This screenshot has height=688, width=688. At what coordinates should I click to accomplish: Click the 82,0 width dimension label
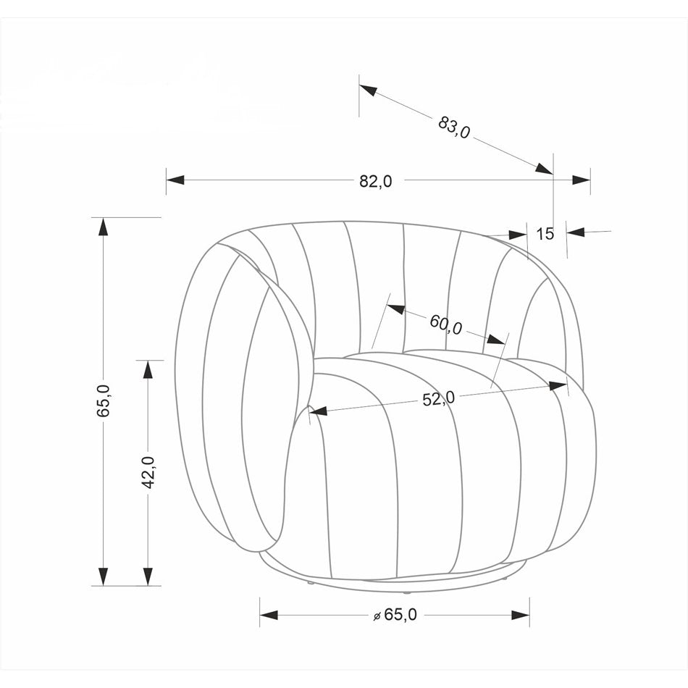376,181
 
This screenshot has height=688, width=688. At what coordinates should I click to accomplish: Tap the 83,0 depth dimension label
454,127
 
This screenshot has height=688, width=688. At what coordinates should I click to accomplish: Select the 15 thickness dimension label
545,234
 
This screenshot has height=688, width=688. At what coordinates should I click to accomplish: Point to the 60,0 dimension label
446,324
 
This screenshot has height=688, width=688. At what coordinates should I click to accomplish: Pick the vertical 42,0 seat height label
148,472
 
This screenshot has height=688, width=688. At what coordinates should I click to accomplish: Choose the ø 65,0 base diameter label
395,615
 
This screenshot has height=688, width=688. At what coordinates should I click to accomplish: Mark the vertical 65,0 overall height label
104,400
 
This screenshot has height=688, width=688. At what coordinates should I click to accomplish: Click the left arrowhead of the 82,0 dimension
175,180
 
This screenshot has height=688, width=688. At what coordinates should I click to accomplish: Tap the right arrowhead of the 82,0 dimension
582,180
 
